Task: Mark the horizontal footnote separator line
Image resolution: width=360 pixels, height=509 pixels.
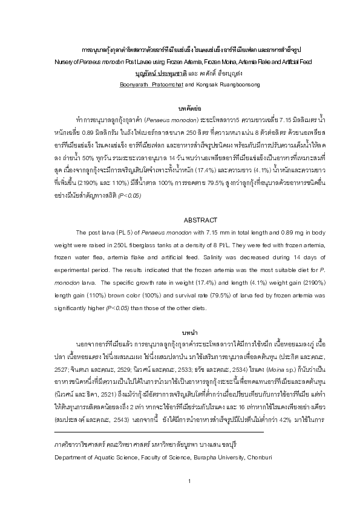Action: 159,432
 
